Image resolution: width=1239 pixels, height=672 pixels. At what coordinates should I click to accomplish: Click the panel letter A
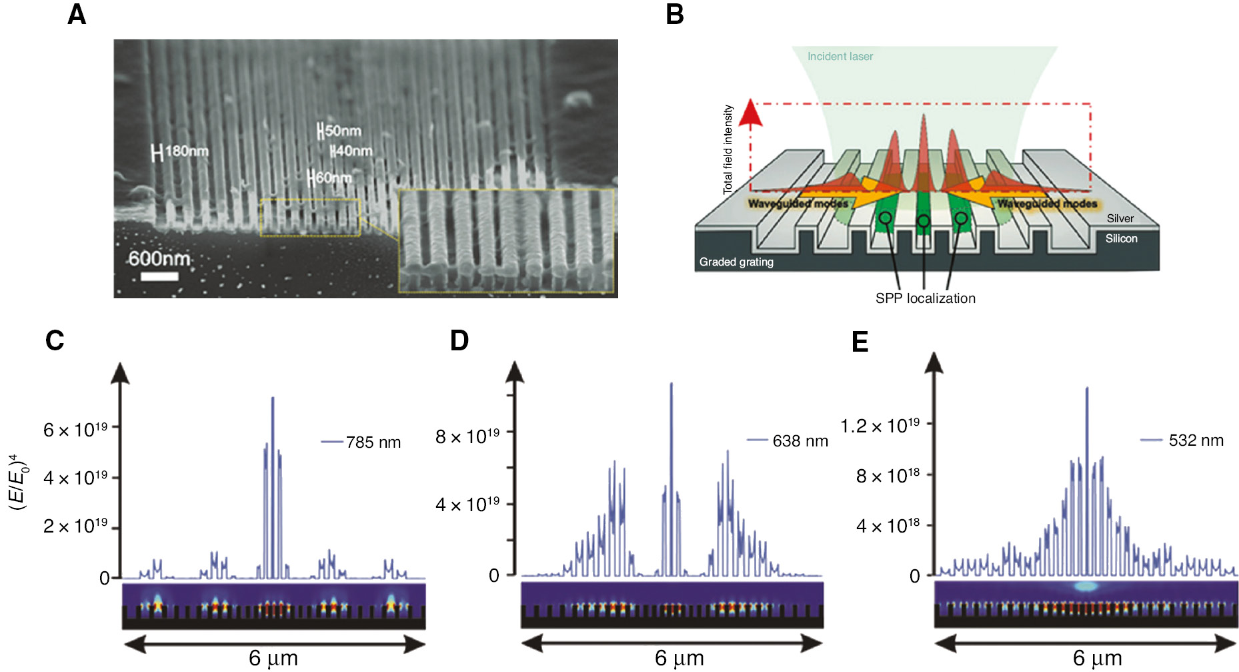coord(77,15)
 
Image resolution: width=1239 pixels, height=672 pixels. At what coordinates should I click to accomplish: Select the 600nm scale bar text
coord(159,258)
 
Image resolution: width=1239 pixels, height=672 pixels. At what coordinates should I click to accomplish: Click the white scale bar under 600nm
coord(159,276)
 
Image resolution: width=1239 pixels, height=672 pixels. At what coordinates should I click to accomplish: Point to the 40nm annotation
coord(351,151)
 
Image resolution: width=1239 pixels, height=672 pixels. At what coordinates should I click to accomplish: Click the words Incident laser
coord(840,57)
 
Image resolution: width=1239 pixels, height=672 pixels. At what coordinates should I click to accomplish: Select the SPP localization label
coord(925,298)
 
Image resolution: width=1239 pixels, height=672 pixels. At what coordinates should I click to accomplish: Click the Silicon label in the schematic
coord(1121,238)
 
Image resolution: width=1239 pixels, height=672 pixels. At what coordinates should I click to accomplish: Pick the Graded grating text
coord(736,262)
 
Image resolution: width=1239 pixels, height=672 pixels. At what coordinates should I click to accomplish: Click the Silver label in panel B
coord(1120,218)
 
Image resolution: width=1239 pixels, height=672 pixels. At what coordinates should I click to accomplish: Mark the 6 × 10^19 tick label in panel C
coord(75,430)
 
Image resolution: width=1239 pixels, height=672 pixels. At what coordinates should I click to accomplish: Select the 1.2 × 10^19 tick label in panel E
coord(880,426)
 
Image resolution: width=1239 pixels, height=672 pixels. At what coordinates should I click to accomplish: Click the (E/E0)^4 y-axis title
coord(18,482)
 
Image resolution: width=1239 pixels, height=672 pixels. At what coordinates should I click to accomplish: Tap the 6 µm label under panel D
coord(679,659)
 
